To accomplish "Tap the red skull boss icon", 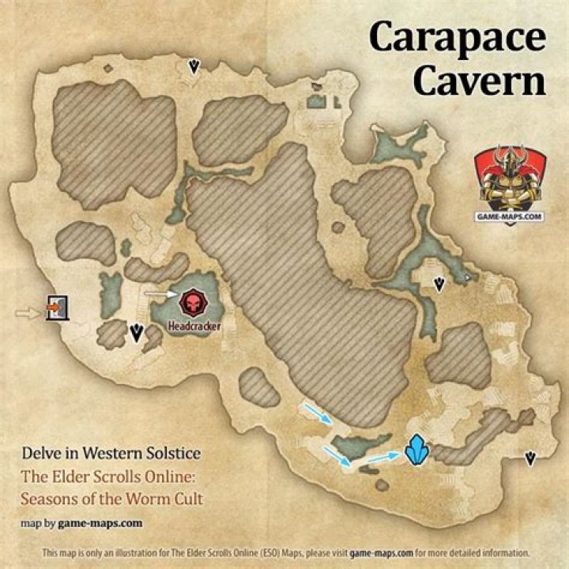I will pos(191,302).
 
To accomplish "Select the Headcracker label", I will pos(194,325).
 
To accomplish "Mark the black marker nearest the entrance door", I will pos(137,332).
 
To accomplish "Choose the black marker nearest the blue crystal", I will pos(530,458).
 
